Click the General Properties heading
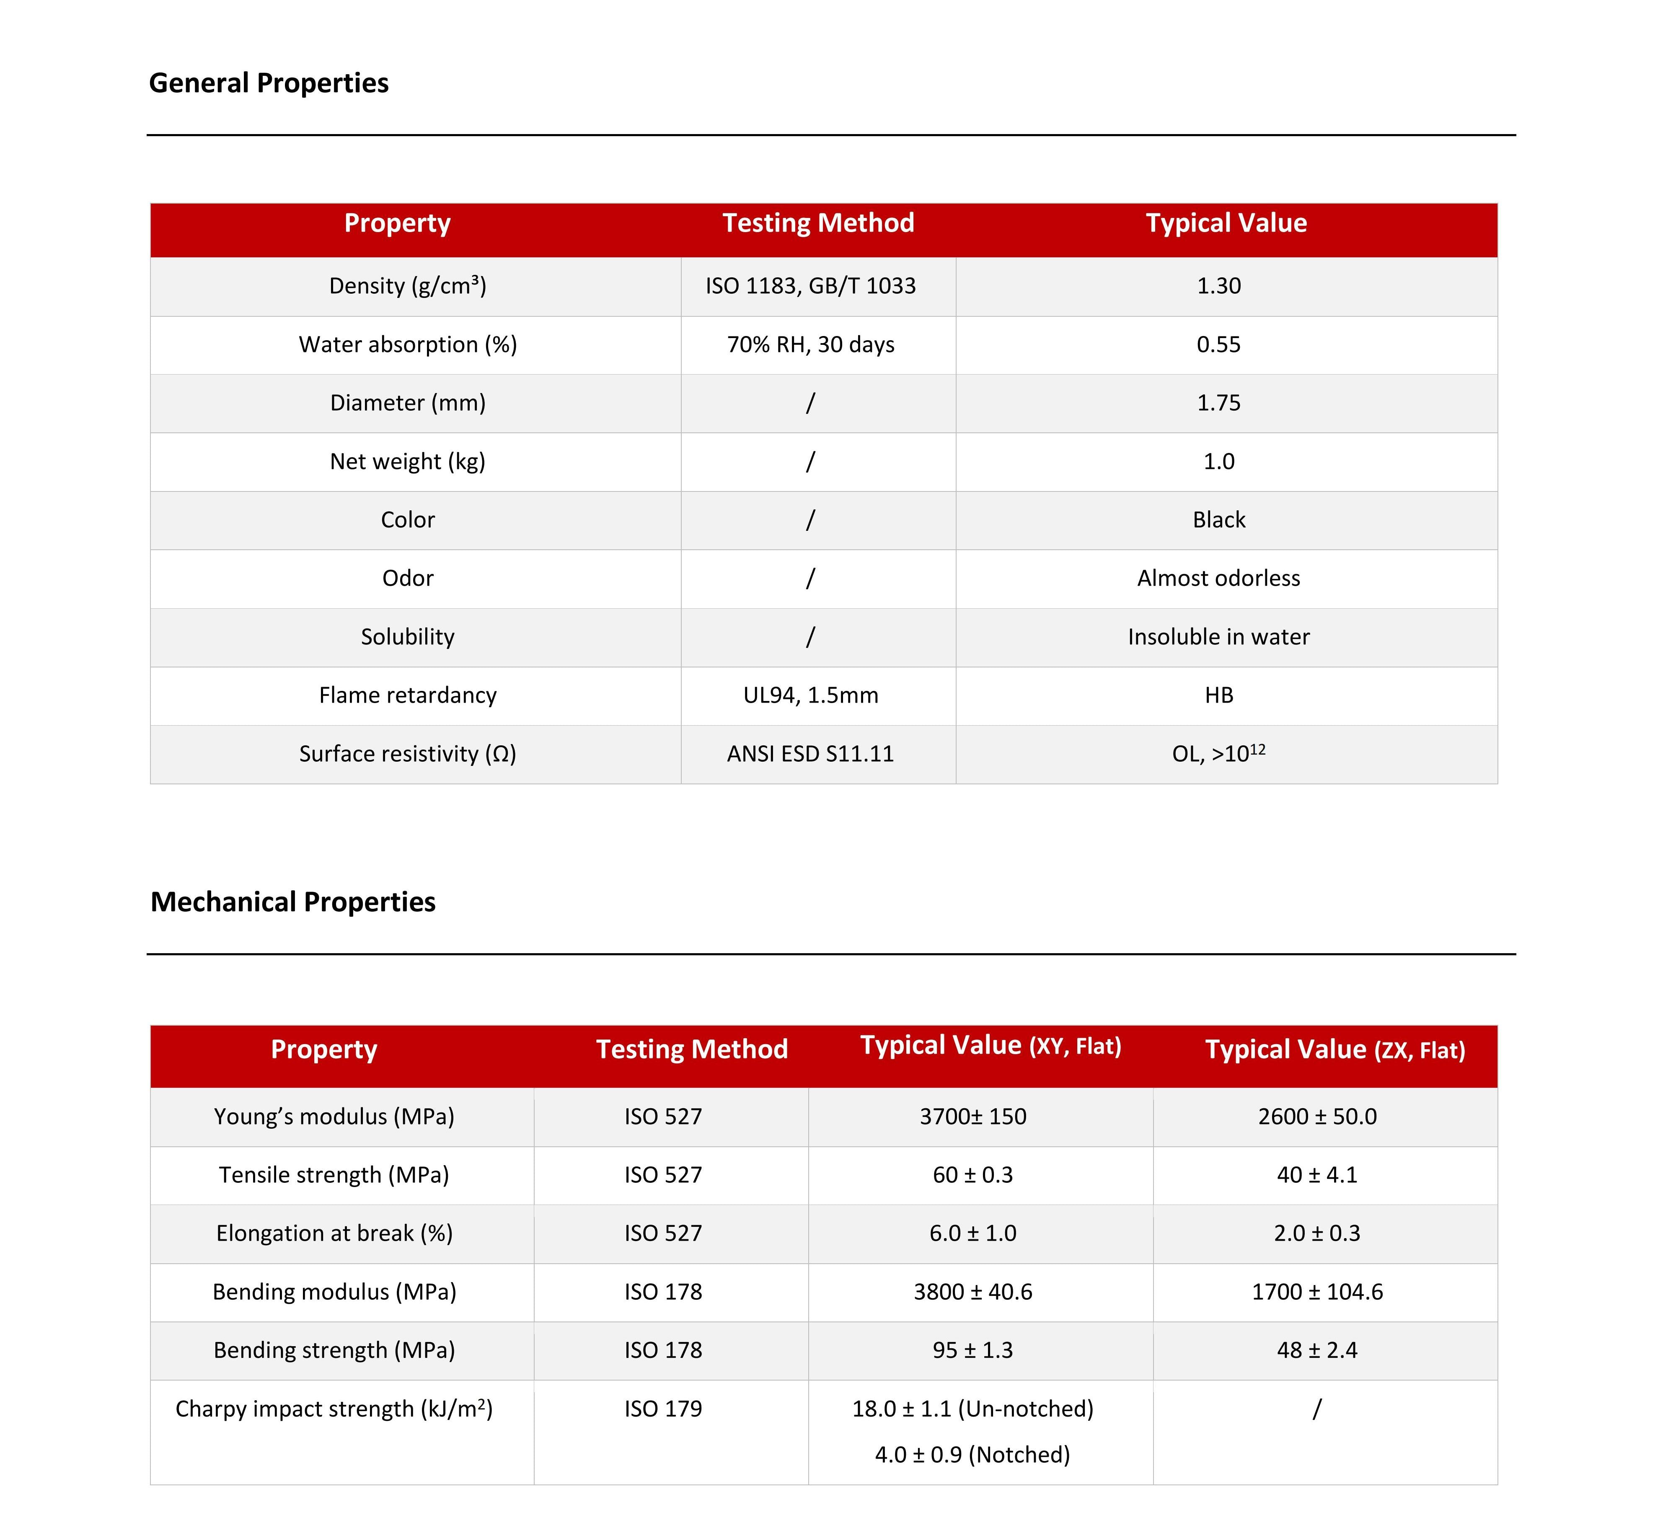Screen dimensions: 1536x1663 pos(269,83)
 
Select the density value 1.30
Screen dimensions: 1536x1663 pos(1218,286)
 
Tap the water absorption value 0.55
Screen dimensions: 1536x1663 pos(1218,344)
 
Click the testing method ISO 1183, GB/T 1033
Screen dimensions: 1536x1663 pos(810,286)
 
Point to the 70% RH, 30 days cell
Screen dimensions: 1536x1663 pos(810,344)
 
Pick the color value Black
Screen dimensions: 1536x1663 pos(1218,520)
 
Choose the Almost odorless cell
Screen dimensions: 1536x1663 pos(1218,578)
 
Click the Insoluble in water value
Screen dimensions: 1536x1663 pos(1218,637)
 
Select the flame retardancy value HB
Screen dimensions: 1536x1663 pos(1218,695)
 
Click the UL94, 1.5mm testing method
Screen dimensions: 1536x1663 pos(810,695)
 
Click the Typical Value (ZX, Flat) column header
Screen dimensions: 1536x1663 pos(1335,1050)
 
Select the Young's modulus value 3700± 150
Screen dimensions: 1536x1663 pos(972,1116)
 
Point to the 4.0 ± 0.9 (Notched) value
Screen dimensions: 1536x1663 pos(972,1455)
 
